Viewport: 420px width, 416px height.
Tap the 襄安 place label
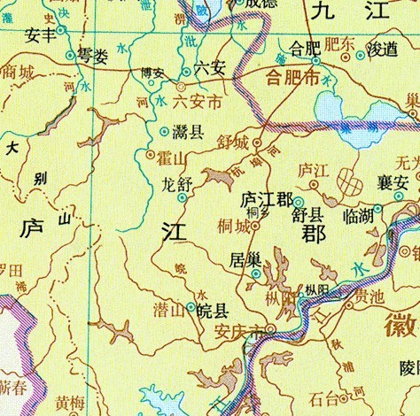click(391, 182)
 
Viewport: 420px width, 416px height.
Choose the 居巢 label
click(245, 260)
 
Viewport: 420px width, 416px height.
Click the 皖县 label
click(212, 310)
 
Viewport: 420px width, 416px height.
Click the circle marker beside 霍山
click(149, 154)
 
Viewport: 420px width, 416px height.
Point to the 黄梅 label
click(69, 403)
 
